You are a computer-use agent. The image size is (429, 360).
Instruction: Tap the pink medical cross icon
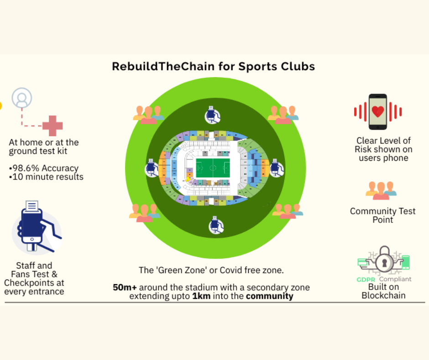tap(52, 126)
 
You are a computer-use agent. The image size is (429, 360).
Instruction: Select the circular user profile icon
tap(22, 98)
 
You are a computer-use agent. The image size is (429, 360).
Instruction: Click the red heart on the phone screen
tap(378, 111)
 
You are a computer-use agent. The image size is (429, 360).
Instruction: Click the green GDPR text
tap(366, 280)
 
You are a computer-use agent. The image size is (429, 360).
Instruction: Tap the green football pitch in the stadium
tap(213, 168)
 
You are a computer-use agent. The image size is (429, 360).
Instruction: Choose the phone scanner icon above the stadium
tap(212, 115)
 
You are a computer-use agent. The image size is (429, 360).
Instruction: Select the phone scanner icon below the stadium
tap(216, 225)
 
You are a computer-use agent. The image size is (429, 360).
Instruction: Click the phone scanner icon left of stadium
tap(152, 168)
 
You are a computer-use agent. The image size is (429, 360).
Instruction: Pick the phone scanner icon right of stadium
tap(276, 168)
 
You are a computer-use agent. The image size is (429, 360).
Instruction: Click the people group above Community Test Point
tap(381, 191)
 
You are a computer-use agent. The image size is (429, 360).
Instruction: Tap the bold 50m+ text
tap(125, 287)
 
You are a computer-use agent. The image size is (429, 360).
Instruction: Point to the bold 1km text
tap(201, 296)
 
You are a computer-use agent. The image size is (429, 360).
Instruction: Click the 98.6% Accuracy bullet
tap(44, 168)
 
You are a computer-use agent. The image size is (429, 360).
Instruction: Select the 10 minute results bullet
tap(46, 177)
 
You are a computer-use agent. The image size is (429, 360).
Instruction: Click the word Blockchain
tap(383, 295)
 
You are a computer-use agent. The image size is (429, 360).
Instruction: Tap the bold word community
tap(269, 296)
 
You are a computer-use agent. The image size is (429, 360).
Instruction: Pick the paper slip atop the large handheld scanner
tap(32, 206)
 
